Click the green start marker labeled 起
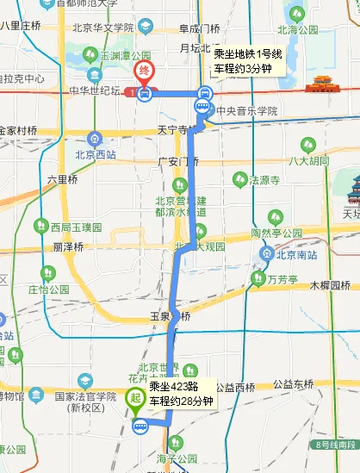[x=135, y=399]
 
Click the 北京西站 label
[x=95, y=156]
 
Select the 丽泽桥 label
[x=68, y=246]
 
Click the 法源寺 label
[x=264, y=180]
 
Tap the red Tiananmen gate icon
[x=326, y=83]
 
